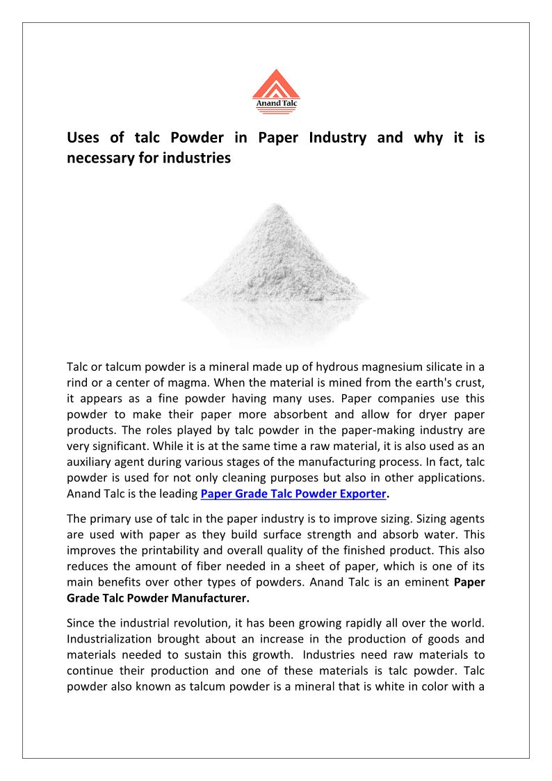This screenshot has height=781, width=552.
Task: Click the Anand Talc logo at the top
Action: click(x=276, y=91)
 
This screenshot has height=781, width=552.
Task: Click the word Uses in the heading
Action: click(x=83, y=138)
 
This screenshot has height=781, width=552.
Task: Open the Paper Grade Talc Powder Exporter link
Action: click(x=293, y=494)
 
